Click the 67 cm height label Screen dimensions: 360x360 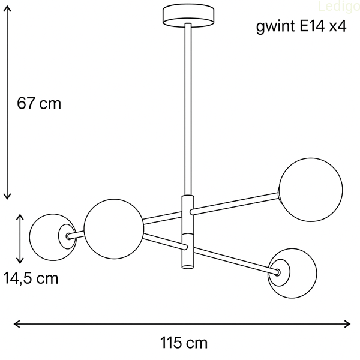coord(39,103)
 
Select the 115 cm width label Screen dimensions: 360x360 coord(184,343)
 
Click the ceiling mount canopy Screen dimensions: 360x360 coord(188,14)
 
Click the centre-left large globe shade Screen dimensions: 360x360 coord(114,229)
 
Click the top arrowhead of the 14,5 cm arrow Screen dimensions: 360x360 coord(21,217)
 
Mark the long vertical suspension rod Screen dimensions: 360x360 coord(188,108)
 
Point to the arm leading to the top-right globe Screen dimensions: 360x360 coord(234,202)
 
